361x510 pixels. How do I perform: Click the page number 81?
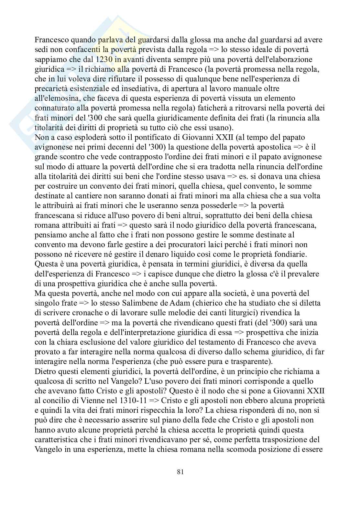click(181, 472)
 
